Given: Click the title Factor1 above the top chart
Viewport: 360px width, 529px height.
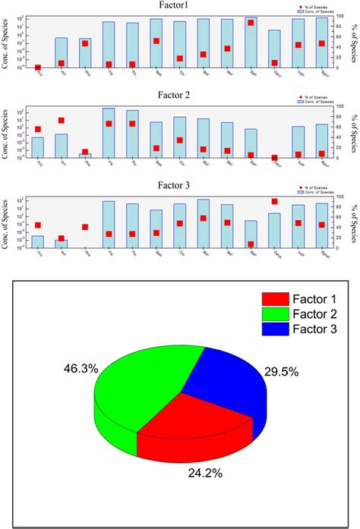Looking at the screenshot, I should pos(179,5).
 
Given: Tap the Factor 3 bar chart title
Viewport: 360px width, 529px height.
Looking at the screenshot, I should pos(179,184).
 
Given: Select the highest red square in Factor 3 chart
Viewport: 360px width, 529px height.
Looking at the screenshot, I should pos(274,201).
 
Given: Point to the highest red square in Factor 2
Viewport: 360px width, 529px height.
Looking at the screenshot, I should pos(61,120).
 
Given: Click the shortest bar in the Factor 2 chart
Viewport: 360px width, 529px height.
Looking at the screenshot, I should pos(85,155).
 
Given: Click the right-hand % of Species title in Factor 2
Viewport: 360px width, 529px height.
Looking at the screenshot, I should pos(354,134).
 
